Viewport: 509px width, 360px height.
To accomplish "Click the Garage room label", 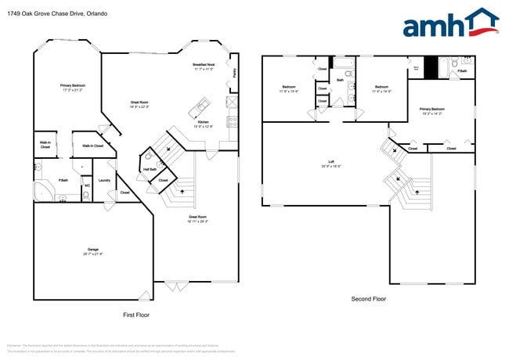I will click(93, 249).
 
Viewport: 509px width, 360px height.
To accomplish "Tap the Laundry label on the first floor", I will click(103, 180).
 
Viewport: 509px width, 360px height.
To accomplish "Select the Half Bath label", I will click(149, 170).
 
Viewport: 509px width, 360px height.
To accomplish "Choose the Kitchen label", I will click(202, 122).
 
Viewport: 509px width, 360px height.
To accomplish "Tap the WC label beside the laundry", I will click(88, 185).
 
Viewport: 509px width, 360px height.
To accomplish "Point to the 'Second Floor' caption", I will click(367, 298).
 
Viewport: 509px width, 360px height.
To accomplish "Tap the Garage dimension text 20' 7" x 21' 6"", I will click(93, 254).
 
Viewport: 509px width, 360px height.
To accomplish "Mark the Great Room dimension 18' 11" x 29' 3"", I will click(197, 221).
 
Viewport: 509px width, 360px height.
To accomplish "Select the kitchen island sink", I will click(203, 104).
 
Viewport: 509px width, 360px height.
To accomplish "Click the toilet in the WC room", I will click(88, 195).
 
